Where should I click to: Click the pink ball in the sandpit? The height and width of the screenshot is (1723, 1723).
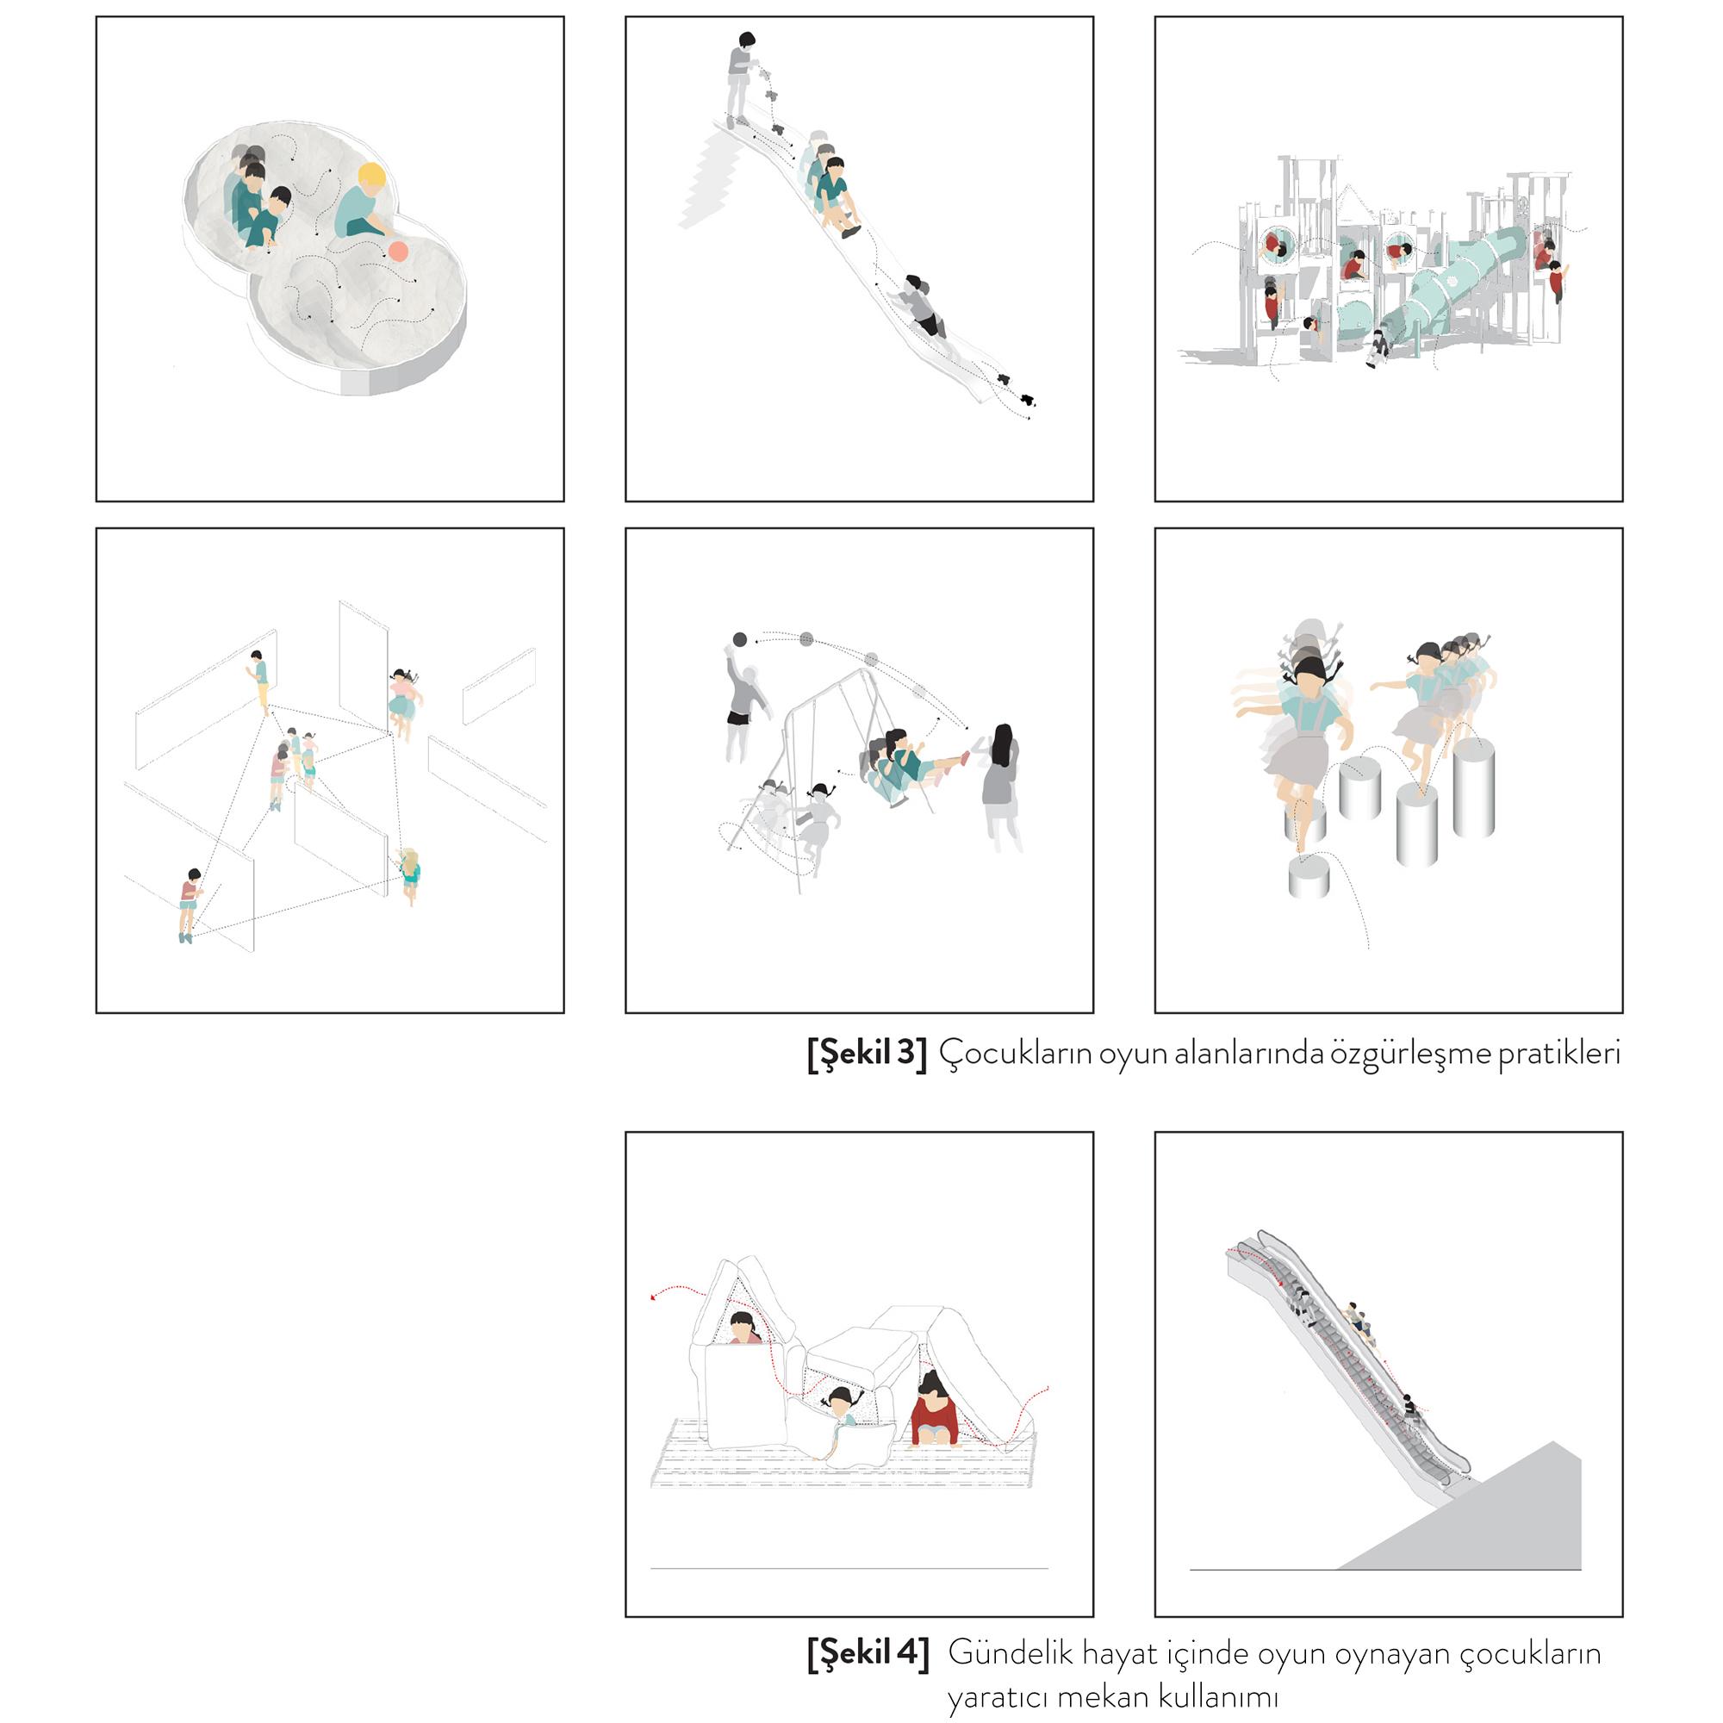click(x=398, y=252)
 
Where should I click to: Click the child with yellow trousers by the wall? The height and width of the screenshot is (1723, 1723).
click(x=259, y=681)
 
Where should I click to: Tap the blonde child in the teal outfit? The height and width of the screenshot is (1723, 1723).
click(x=409, y=875)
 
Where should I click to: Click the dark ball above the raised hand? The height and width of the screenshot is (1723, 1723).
click(x=739, y=639)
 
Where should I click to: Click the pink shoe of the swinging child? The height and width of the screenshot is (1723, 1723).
click(x=964, y=758)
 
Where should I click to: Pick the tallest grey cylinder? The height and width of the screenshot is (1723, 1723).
click(x=1473, y=787)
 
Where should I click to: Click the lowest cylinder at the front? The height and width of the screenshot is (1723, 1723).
click(x=1309, y=875)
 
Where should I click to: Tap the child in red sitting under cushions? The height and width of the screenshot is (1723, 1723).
click(x=934, y=1409)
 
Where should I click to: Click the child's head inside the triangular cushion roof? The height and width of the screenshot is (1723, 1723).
click(x=742, y=1326)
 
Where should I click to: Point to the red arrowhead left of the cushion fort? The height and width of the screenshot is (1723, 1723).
click(x=654, y=1297)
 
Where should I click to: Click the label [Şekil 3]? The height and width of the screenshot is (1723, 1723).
click(x=867, y=1054)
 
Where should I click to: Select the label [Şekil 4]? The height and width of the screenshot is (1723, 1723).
click(x=868, y=1652)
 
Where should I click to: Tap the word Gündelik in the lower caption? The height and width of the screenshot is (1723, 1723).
click(x=1011, y=1652)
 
